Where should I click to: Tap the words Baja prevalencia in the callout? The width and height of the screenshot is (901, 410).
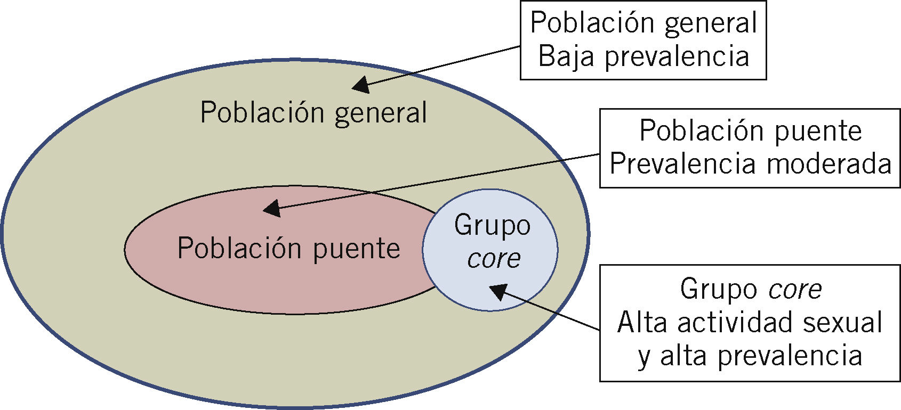point(643,56)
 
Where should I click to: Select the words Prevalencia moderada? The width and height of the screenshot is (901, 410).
point(750,163)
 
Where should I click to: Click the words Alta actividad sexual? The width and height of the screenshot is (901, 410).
point(750,322)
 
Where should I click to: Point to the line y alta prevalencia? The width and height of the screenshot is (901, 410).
point(750,356)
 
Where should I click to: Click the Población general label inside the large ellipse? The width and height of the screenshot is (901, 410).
point(313,113)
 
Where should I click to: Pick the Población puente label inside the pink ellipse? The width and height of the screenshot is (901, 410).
point(288,249)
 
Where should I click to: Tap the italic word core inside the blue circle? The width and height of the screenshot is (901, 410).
point(494,258)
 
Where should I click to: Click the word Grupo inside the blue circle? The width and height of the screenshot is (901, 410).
point(492,225)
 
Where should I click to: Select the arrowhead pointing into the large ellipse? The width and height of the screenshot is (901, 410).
point(361,85)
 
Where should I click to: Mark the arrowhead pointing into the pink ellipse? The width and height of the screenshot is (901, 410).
point(272,208)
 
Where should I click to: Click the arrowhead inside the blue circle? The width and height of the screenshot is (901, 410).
point(498,292)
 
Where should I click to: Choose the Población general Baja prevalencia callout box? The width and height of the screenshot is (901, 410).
point(643,40)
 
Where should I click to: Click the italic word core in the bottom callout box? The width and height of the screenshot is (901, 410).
point(795,289)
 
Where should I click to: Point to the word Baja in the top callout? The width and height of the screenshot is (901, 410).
point(566,56)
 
